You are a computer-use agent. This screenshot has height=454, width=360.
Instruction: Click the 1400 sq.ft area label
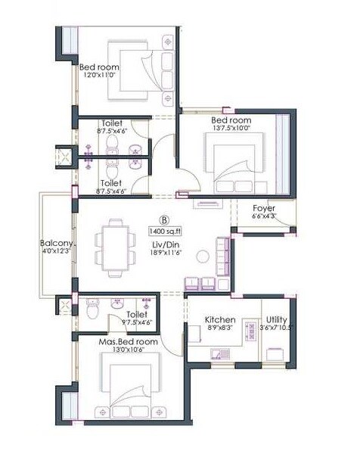point(169,230)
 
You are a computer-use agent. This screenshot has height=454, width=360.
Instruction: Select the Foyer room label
point(263,208)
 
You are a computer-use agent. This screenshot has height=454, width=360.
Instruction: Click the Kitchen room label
point(221,321)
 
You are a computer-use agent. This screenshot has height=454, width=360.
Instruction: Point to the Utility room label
point(275,321)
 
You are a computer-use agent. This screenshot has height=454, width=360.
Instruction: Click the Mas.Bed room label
point(129,342)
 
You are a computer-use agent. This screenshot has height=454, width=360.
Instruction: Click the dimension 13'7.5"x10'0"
point(230,129)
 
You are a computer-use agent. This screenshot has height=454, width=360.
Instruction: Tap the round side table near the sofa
point(203,255)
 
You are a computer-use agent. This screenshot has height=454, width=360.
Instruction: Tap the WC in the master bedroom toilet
point(92,310)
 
